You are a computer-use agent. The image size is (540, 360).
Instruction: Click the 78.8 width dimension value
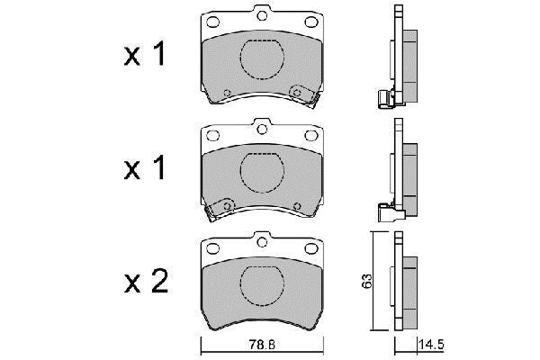point(261,345)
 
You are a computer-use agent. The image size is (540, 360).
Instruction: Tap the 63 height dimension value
point(367,281)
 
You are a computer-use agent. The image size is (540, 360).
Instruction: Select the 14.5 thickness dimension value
point(431,345)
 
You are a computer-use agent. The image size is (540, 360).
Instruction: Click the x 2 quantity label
point(146,282)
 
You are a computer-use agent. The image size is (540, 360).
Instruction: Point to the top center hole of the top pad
point(262,15)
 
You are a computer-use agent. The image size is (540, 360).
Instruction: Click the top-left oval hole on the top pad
point(212,22)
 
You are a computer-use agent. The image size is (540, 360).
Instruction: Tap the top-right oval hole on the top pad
point(311,22)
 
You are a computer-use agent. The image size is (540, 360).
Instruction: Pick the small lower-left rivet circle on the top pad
point(227,93)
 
